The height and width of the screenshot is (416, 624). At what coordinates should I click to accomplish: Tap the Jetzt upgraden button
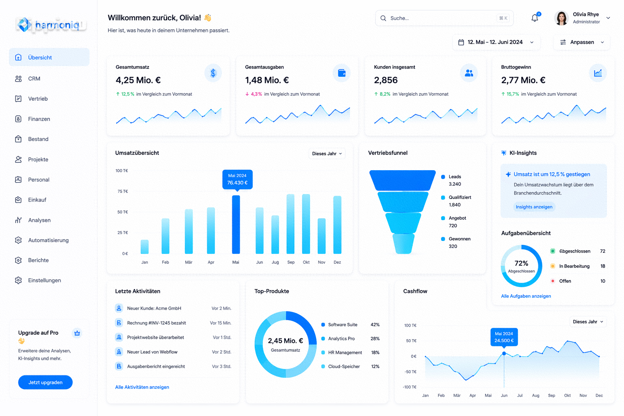point(45,382)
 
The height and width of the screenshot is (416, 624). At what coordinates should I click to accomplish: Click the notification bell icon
point(535,18)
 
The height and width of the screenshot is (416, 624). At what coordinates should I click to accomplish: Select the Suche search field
point(444,18)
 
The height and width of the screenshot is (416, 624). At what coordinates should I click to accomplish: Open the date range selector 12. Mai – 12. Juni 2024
point(496,42)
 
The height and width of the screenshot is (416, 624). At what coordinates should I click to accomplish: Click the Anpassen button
point(582,42)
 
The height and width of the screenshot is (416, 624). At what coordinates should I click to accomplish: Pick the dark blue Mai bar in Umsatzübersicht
point(236,225)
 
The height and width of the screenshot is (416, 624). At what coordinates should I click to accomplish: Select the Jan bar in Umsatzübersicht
point(145,247)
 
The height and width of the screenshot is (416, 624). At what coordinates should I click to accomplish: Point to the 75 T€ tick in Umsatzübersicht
point(123,191)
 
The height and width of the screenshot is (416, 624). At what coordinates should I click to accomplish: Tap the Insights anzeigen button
point(534,207)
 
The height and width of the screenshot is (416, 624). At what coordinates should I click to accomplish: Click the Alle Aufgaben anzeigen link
point(526,296)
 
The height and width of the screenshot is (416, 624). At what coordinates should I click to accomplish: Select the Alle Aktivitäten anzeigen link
point(142,387)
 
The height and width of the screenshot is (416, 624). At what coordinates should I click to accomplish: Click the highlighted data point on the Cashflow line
point(504,353)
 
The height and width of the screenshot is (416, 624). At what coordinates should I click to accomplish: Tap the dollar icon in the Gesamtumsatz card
point(213,73)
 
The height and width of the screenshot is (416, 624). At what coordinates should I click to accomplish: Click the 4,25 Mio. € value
point(138,80)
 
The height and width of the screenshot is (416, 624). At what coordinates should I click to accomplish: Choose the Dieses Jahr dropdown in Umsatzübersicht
point(327,154)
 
